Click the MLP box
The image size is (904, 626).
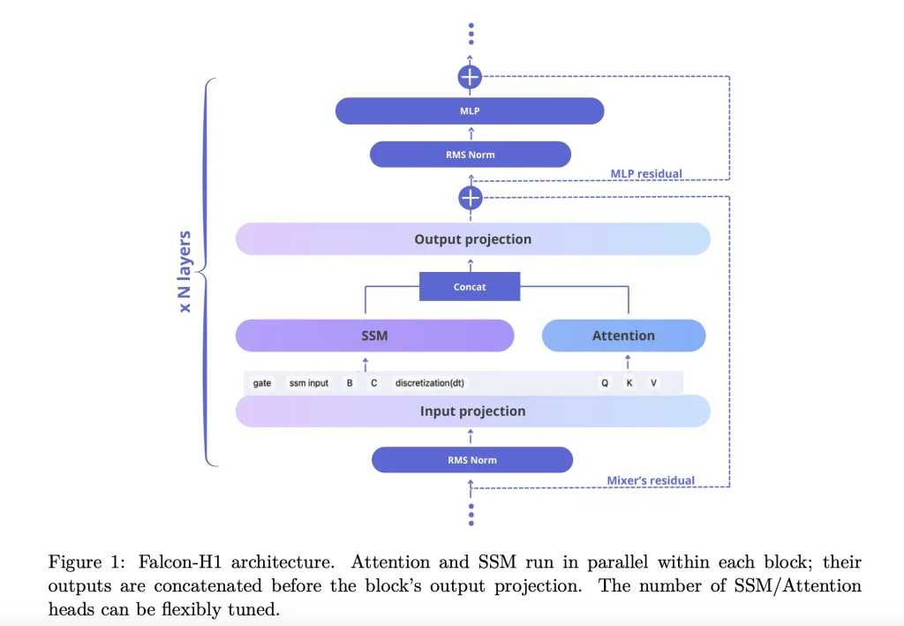470,111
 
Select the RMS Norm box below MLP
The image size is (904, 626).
471,155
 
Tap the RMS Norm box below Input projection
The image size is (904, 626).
472,460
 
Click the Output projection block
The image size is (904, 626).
473,239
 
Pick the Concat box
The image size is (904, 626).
470,287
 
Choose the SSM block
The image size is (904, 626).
374,336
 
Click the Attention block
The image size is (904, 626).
623,336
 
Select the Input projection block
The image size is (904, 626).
473,411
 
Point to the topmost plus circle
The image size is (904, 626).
471,77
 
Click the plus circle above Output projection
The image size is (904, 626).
471,197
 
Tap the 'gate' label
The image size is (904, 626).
262,383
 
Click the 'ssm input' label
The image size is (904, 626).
309,383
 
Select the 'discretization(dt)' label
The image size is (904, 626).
430,383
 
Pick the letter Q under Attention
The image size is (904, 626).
605,383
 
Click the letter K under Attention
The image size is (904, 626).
629,383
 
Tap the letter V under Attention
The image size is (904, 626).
653,383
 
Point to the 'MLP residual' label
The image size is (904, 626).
646,174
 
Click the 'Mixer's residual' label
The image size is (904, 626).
651,481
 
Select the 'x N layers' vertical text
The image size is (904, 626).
185,272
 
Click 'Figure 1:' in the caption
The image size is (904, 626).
84,562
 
